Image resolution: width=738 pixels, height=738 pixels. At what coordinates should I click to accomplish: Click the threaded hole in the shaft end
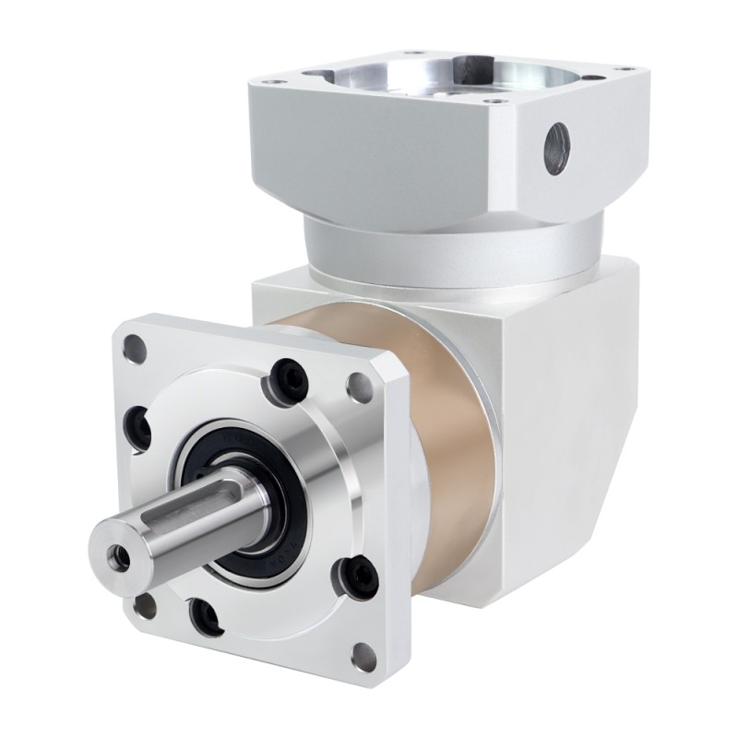click(118, 555)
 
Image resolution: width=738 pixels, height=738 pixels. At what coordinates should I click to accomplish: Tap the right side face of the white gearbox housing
click(572, 415)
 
